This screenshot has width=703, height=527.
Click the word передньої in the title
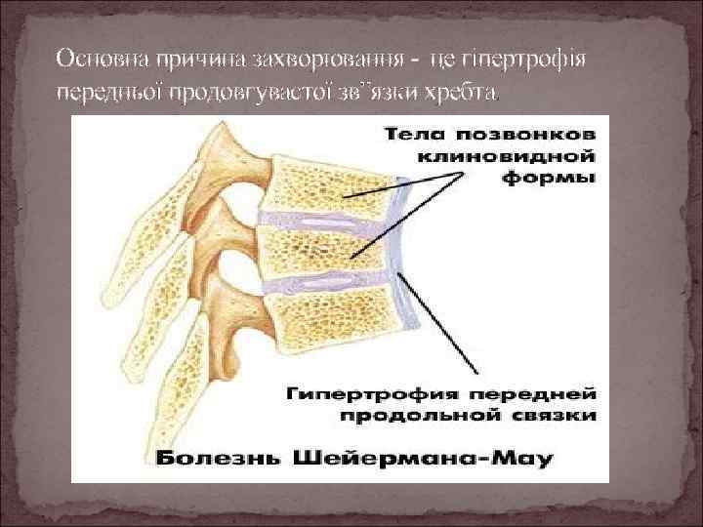click(105, 93)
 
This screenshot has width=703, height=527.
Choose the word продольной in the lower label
click(423, 417)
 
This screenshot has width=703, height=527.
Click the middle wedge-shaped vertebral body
click(327, 248)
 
